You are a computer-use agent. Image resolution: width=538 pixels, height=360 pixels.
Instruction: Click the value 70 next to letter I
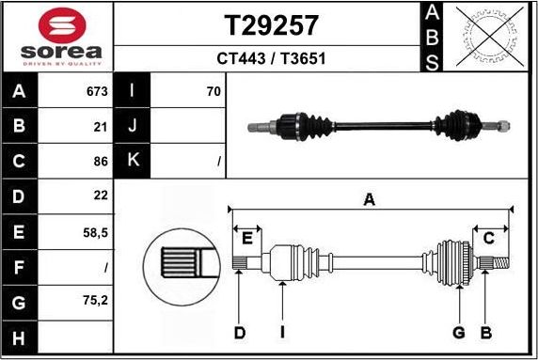pos(213,92)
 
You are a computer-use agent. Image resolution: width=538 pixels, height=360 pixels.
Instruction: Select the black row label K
pos(132,161)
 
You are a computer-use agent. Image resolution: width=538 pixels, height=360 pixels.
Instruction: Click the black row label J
pos(132,126)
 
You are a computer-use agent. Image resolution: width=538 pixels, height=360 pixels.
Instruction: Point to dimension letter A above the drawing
pos(370,199)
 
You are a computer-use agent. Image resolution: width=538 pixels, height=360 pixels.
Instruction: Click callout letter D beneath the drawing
pos(239,332)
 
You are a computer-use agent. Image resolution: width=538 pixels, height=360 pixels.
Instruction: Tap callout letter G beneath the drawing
pos(459,332)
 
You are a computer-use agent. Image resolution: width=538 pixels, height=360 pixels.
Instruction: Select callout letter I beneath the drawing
pos(282,332)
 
